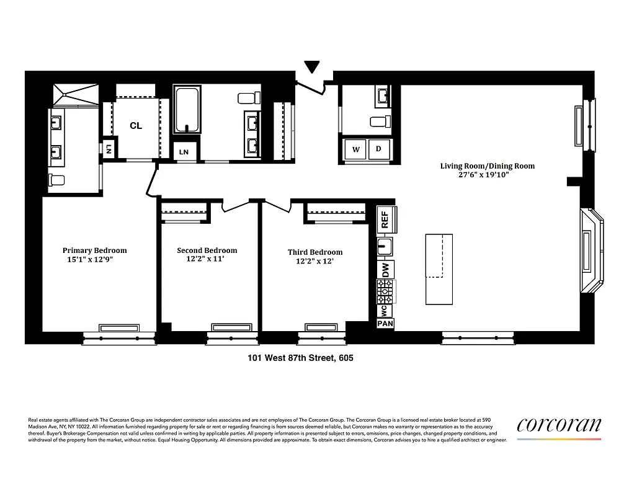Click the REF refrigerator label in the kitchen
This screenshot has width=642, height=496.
385,219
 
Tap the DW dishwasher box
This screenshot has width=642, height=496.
385,270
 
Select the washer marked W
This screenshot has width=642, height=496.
356,149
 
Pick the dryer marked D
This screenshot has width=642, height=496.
378,149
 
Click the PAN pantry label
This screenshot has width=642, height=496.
385,323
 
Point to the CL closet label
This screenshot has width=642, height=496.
136,126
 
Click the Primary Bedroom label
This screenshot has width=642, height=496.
94,250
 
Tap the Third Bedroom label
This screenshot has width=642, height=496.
315,252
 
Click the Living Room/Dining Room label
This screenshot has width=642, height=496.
487,166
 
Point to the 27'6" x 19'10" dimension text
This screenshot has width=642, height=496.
487,175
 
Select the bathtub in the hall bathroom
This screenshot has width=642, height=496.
188,110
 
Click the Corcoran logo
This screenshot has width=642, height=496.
559,425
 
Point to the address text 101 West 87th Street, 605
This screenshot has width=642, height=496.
300,358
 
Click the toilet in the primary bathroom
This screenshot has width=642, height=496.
56,180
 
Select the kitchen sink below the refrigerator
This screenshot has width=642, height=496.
385,247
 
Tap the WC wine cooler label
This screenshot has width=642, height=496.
384,309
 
